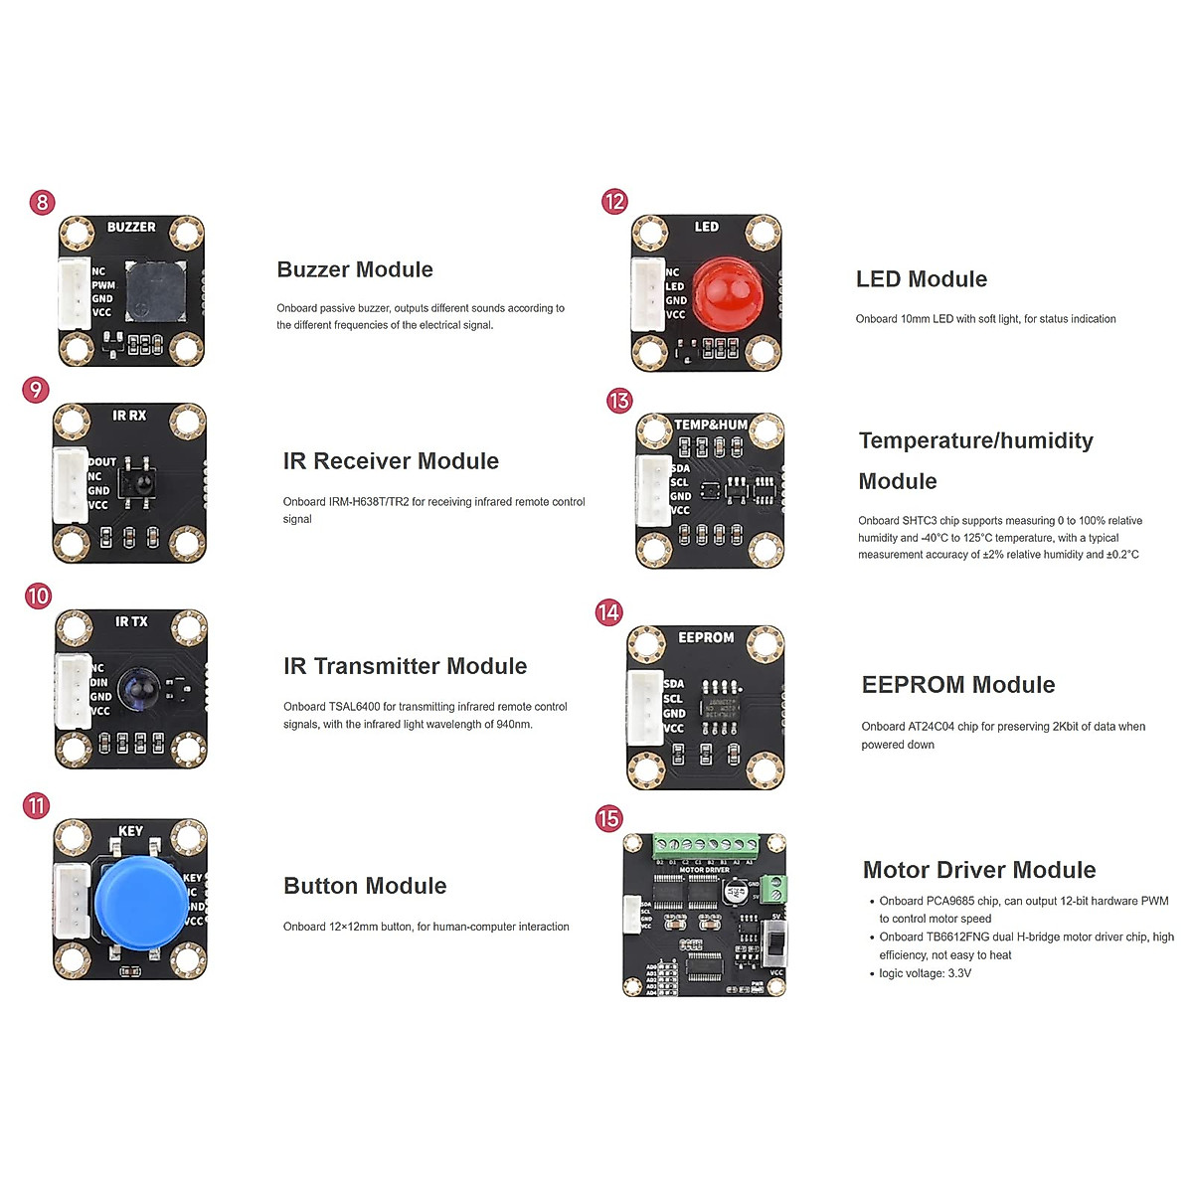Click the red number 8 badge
(42, 203)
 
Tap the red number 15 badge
(608, 819)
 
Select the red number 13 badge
(619, 401)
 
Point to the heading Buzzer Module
(355, 269)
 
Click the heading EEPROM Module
(958, 685)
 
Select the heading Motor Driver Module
(979, 870)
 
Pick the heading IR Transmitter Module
(405, 666)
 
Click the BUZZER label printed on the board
(131, 228)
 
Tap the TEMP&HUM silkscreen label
(711, 425)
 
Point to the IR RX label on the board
(129, 416)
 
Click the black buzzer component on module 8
(154, 290)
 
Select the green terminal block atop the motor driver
(705, 848)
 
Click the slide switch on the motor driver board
(775, 941)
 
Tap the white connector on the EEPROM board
(645, 707)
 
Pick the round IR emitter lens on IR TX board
(137, 689)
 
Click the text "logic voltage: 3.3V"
(925, 973)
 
